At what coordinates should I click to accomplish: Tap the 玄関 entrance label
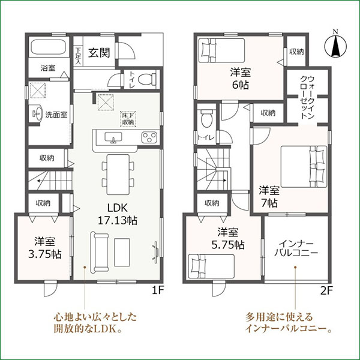point(100,52)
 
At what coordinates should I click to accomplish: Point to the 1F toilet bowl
point(149,78)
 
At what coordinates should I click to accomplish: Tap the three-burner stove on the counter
point(149,138)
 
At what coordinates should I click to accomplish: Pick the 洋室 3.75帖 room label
point(46,248)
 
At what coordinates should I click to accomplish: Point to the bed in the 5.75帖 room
point(210,265)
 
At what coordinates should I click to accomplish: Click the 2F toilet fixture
point(206,118)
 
